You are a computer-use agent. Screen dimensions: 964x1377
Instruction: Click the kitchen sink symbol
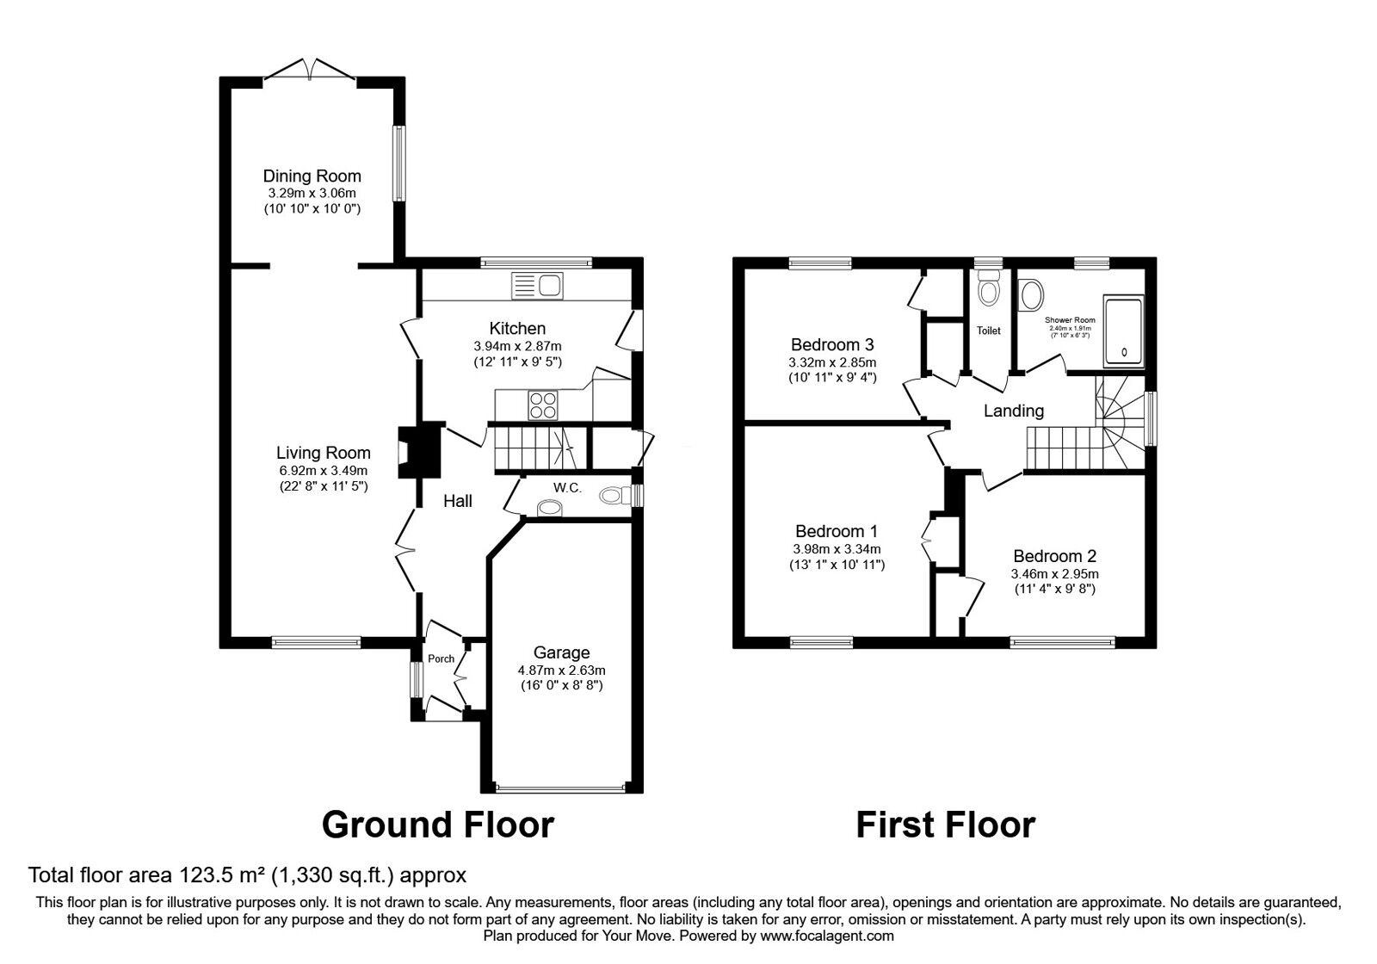click(x=535, y=284)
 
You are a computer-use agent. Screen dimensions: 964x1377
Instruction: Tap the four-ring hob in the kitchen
click(x=542, y=404)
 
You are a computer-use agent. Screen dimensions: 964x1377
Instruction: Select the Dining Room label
click(x=312, y=176)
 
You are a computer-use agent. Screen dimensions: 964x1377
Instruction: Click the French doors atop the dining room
click(x=309, y=70)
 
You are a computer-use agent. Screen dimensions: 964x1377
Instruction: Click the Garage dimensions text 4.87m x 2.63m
click(x=561, y=670)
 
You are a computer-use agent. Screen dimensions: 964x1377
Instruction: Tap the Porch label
click(x=441, y=659)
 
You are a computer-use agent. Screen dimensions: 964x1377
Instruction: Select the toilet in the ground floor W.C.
click(x=614, y=496)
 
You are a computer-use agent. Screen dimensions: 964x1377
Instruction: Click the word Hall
click(x=457, y=501)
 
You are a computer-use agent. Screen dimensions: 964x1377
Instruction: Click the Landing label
click(x=1013, y=411)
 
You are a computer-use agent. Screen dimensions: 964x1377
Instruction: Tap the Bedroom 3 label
click(x=832, y=345)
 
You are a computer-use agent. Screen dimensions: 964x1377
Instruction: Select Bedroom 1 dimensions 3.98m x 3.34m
click(x=837, y=549)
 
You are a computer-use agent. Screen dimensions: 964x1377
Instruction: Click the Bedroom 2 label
click(x=1054, y=556)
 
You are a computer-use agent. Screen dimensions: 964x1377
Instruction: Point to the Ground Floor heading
click(x=437, y=825)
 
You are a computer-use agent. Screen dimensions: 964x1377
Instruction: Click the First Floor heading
click(x=945, y=825)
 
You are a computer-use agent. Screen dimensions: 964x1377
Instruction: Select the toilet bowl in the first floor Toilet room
click(x=989, y=293)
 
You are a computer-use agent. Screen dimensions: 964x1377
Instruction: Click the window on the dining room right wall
click(x=399, y=164)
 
